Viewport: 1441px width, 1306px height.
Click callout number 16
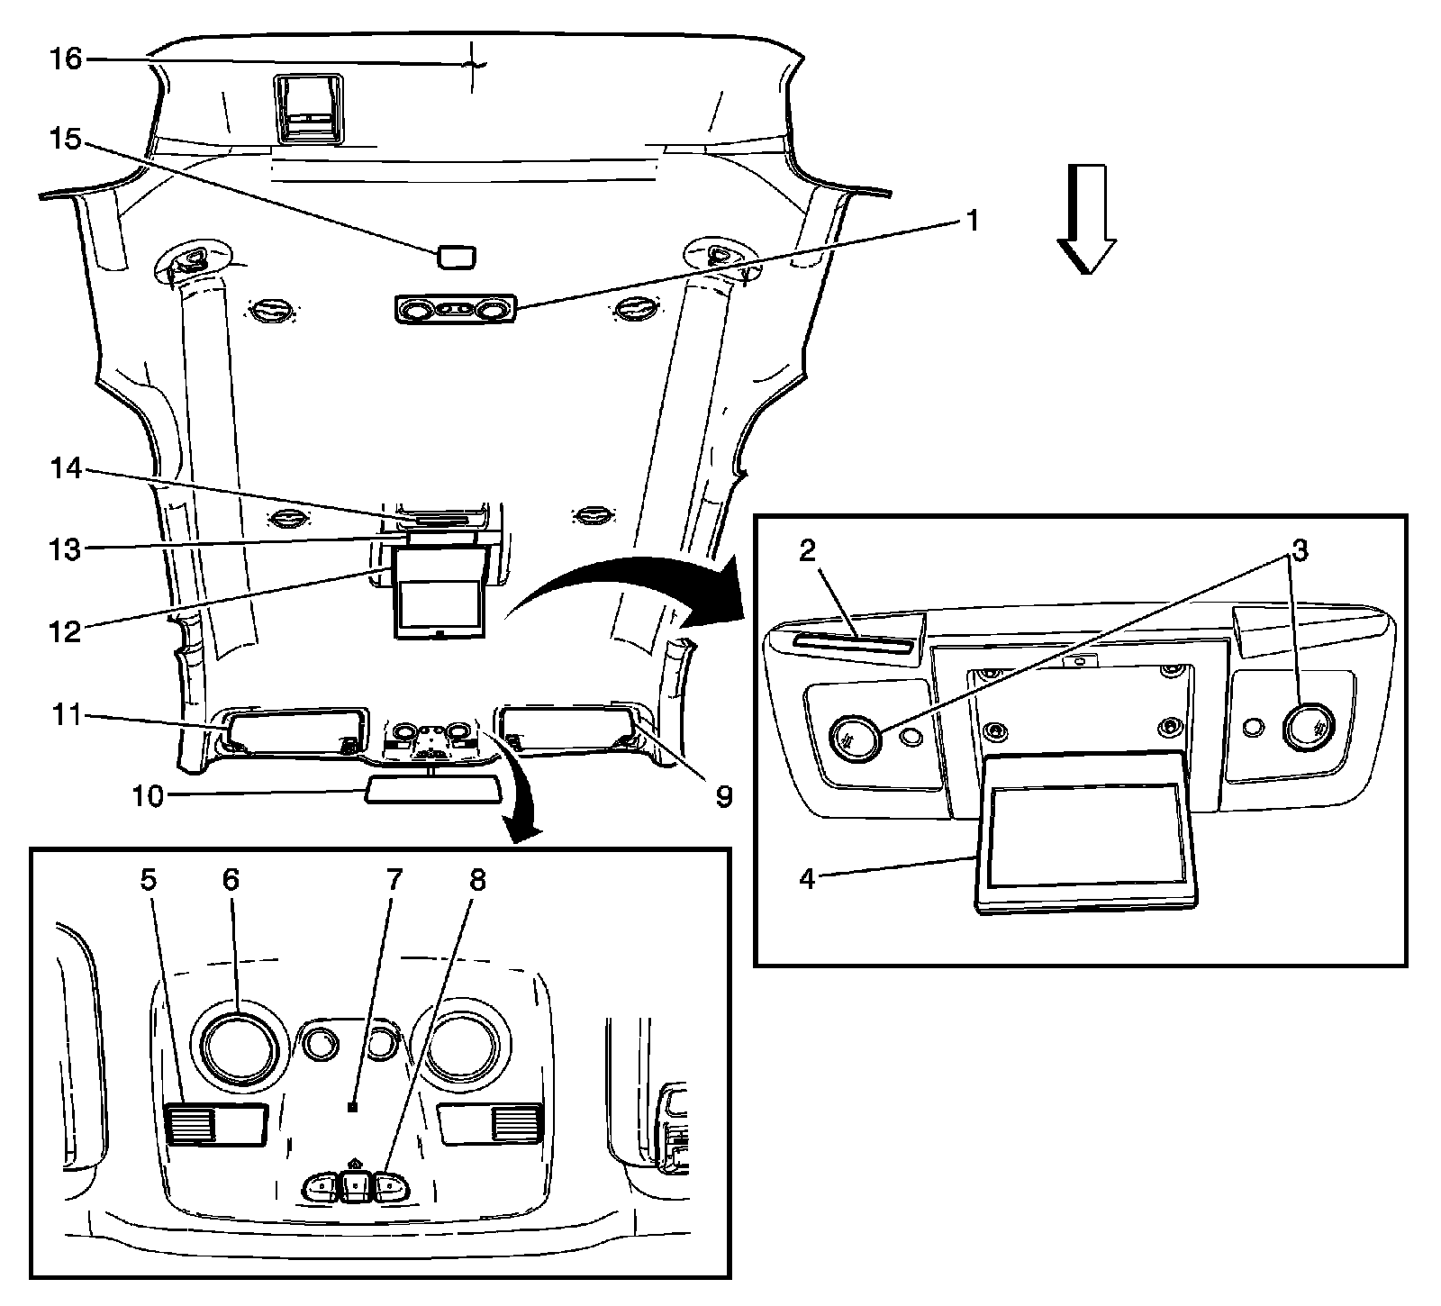point(66,59)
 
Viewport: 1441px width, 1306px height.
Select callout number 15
point(66,141)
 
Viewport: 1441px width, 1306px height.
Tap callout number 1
point(972,221)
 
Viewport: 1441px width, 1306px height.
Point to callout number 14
point(66,469)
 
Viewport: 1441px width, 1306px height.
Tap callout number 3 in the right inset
point(1297,551)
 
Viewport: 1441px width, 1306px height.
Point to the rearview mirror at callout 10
point(431,791)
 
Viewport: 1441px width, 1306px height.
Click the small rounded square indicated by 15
point(458,257)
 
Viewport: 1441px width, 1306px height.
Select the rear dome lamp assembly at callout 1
point(454,310)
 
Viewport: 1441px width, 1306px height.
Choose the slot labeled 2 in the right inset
point(851,645)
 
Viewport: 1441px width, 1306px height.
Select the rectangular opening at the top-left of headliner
point(308,109)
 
